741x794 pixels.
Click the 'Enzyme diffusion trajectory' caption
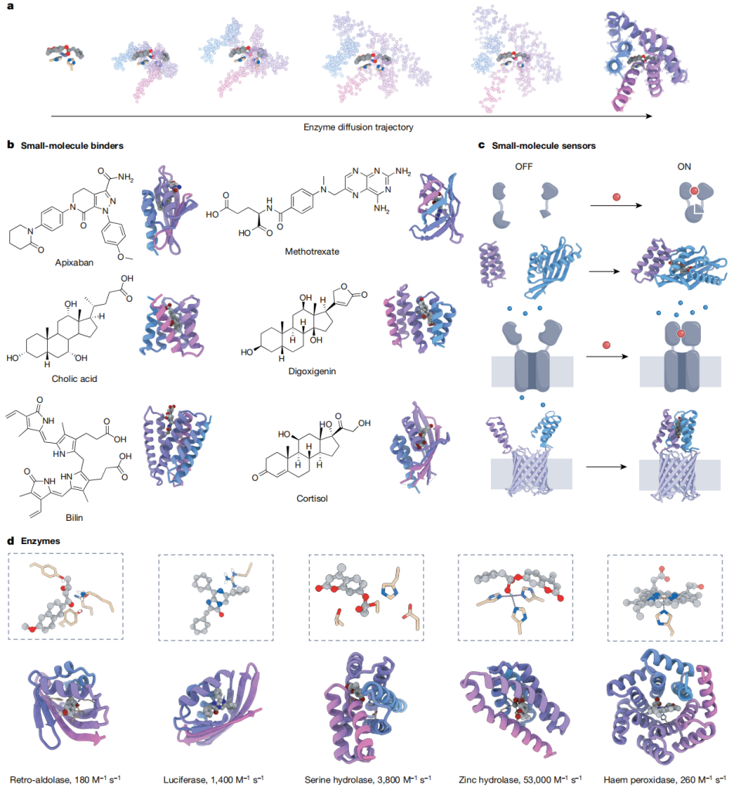pyautogui.click(x=358, y=127)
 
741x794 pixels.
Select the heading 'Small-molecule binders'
pyautogui.click(x=72, y=146)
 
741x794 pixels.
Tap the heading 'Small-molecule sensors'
pyautogui.click(x=543, y=146)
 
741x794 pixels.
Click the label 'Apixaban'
pyautogui.click(x=74, y=262)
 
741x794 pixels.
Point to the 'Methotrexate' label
pyautogui.click(x=312, y=252)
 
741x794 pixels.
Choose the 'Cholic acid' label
pyautogui.click(x=74, y=379)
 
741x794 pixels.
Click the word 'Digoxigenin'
pyautogui.click(x=312, y=371)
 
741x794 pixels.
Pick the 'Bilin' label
pyautogui.click(x=74, y=518)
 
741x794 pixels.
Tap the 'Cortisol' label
pyautogui.click(x=312, y=498)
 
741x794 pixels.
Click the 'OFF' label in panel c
pyautogui.click(x=523, y=167)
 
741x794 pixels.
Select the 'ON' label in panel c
pyautogui.click(x=685, y=167)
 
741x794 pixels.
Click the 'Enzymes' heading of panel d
pyautogui.click(x=40, y=541)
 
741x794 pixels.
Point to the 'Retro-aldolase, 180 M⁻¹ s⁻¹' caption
pyautogui.click(x=66, y=780)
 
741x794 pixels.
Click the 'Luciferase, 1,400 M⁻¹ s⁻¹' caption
pyautogui.click(x=213, y=780)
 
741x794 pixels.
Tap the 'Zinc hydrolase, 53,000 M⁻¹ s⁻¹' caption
pyautogui.click(x=520, y=780)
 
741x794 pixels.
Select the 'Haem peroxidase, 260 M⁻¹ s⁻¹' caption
pyautogui.click(x=665, y=780)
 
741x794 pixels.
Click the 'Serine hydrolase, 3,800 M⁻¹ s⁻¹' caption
pyautogui.click(x=367, y=780)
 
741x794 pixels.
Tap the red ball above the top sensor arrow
pyautogui.click(x=617, y=197)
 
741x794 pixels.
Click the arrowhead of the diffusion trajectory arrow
pyautogui.click(x=649, y=117)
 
